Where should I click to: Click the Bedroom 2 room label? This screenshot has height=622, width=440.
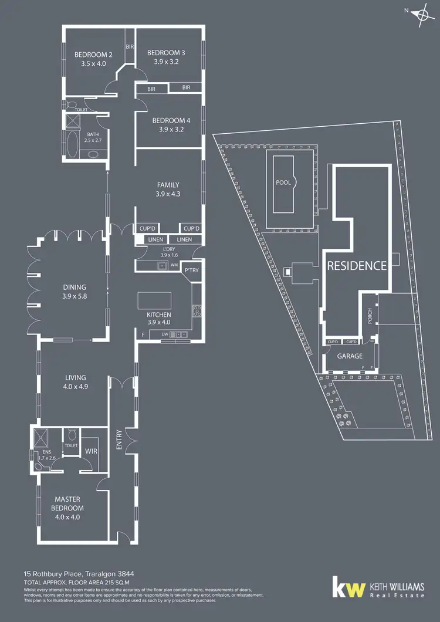(93, 55)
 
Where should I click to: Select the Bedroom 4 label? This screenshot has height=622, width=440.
(171, 120)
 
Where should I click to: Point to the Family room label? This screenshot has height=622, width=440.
(168, 185)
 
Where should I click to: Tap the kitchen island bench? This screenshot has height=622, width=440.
(155, 301)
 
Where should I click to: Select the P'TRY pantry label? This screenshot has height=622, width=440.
(191, 271)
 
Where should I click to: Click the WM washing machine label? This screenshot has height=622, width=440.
(174, 265)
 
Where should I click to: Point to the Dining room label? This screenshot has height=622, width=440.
(75, 288)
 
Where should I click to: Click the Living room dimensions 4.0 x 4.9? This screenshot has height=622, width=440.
(75, 387)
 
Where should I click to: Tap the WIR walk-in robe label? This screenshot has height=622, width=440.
(91, 451)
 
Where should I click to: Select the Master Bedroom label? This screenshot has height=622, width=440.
(67, 503)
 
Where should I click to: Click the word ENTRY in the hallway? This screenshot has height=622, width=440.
(119, 440)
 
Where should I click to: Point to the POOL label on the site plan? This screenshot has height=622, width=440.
(283, 182)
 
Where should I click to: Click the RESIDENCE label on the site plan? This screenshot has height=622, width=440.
(357, 266)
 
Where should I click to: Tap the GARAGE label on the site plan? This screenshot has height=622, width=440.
(349, 356)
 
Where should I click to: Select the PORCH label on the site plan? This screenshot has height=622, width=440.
(370, 316)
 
